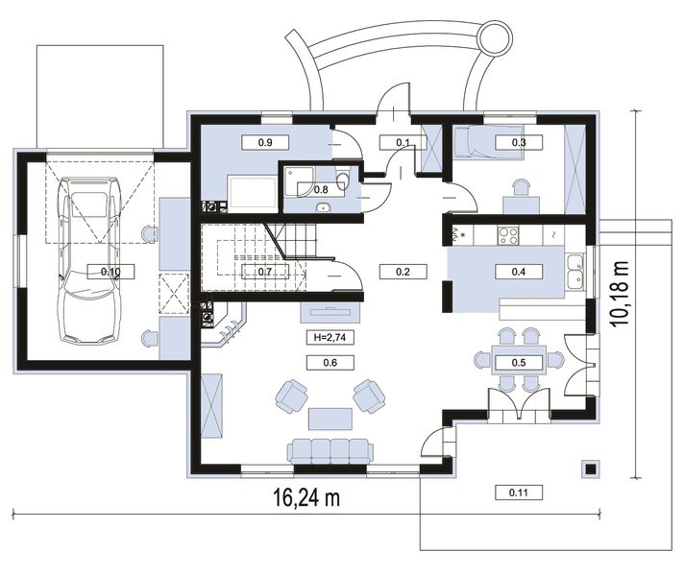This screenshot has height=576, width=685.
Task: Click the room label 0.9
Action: click(x=265, y=142)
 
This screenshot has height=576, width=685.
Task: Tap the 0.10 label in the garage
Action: click(x=110, y=272)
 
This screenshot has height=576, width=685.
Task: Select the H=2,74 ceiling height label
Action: click(x=330, y=337)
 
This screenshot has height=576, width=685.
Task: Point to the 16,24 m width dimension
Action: click(x=306, y=498)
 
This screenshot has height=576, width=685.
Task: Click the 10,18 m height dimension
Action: click(x=620, y=294)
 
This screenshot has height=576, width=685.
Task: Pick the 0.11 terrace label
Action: click(x=519, y=493)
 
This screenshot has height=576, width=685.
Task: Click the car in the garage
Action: click(x=90, y=261)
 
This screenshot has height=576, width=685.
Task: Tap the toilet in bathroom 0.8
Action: click(x=343, y=178)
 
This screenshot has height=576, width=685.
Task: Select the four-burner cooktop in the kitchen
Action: click(x=508, y=236)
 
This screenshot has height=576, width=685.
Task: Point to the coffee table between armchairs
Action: click(x=330, y=420)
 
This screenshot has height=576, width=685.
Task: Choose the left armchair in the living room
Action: click(x=291, y=396)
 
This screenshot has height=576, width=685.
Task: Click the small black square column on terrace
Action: click(x=591, y=469)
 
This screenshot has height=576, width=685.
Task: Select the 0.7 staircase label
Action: click(x=265, y=272)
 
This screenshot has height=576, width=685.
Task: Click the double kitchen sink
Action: click(x=575, y=271)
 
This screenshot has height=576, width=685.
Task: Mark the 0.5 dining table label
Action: click(x=519, y=363)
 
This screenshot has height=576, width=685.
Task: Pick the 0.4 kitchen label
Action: click(x=519, y=272)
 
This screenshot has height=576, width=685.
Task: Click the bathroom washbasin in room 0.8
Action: click(x=323, y=207)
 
